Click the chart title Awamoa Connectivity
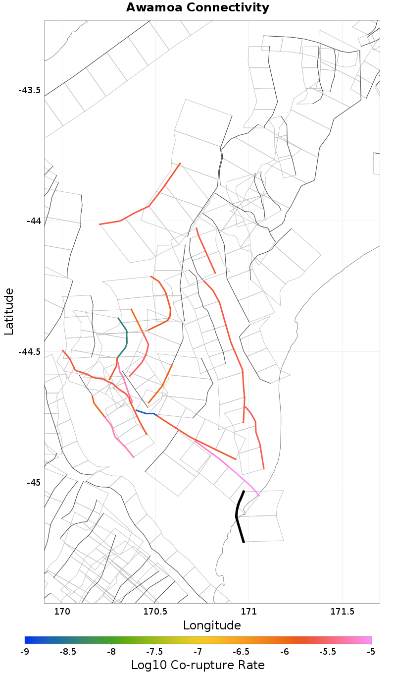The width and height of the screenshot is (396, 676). point(198,8)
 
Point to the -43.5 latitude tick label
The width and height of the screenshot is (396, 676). point(30,90)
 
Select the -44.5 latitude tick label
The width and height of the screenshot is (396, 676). point(30,351)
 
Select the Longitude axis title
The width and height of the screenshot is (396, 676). point(212,625)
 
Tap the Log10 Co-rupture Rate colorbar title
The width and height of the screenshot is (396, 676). point(198,665)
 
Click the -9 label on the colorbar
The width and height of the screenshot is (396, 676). point(25,651)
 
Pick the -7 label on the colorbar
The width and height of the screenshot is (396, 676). point(198,651)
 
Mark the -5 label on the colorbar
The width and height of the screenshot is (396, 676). point(371,651)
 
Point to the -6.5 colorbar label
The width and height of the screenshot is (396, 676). point(241,651)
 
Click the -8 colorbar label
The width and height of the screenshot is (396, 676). point(111,651)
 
